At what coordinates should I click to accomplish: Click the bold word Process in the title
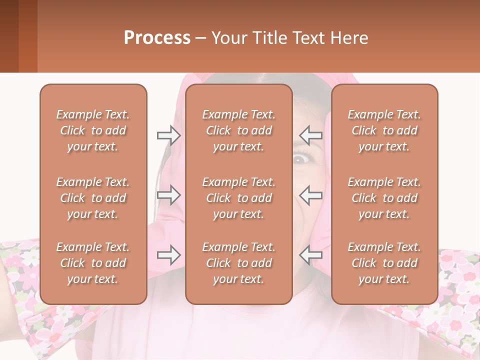click(157, 37)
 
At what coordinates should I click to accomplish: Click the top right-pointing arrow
click(168, 135)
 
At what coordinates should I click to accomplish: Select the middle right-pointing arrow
click(168, 195)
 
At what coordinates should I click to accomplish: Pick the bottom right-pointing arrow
click(168, 255)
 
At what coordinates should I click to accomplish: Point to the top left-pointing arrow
click(310, 135)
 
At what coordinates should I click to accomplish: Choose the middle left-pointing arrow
click(310, 195)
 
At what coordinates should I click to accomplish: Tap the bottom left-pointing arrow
click(310, 255)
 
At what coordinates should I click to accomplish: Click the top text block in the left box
click(93, 130)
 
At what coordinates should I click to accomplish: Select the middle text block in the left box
click(93, 198)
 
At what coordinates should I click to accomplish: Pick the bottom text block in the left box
click(93, 263)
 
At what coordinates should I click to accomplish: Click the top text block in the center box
click(239, 130)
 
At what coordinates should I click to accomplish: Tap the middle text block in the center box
click(239, 198)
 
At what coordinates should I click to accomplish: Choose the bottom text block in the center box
click(239, 263)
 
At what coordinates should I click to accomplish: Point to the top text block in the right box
click(384, 130)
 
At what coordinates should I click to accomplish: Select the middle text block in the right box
click(384, 198)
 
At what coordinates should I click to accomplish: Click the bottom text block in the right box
click(384, 263)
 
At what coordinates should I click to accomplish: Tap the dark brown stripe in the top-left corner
click(9, 36)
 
